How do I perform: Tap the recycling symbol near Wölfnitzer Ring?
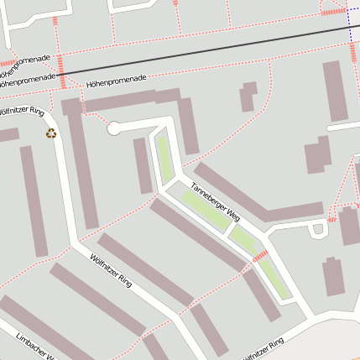[51, 133]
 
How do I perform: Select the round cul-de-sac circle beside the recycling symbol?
[114, 128]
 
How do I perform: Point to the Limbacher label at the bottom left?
[34, 346]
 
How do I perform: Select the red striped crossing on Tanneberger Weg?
[260, 255]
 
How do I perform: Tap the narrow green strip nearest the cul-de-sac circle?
[164, 157]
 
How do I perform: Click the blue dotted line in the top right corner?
[347, 25]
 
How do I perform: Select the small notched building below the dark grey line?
[248, 97]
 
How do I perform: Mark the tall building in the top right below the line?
[337, 90]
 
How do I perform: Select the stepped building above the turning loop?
[317, 154]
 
